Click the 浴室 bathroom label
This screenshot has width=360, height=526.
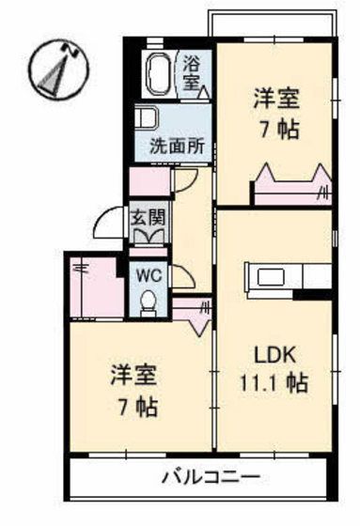[x=191, y=73]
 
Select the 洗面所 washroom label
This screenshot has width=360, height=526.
[x=180, y=147]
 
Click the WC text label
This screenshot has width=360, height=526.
[x=148, y=275]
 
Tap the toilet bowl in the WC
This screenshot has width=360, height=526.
[x=148, y=302]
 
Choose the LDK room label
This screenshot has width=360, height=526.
[x=277, y=354]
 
